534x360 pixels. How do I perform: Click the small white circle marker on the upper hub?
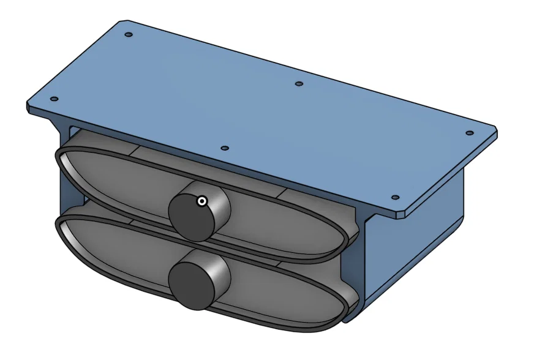click(201, 201)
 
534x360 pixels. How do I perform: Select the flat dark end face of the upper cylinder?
click(189, 217)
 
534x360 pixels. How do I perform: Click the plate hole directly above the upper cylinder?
click(224, 148)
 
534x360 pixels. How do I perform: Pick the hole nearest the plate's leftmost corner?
click(54, 99)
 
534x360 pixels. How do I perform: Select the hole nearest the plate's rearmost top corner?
click(128, 35)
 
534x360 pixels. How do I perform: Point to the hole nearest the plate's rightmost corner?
click(469, 133)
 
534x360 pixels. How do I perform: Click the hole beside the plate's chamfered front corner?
click(394, 198)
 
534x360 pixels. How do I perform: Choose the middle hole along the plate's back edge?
click(299, 84)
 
